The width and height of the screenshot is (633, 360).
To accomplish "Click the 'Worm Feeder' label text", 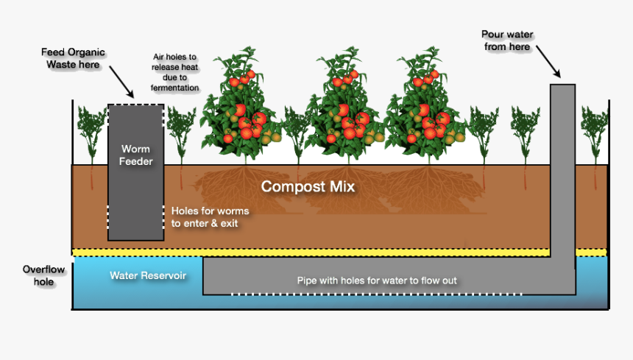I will click(136, 155).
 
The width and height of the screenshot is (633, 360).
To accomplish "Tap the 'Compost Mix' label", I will click(308, 187).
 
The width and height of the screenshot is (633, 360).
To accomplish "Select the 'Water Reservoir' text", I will click(148, 276).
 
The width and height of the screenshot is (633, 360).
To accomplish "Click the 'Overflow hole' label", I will click(43, 276).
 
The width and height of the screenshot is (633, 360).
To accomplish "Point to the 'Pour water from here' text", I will click(507, 40).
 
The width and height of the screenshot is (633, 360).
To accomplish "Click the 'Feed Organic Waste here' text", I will click(72, 58).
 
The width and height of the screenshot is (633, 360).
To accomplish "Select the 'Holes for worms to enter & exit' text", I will click(210, 217).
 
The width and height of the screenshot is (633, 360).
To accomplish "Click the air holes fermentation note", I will click(174, 72).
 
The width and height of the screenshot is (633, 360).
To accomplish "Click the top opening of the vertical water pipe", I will click(563, 85).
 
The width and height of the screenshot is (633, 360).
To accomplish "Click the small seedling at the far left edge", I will click(91, 133).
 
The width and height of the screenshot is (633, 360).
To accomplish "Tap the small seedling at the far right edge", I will click(594, 133).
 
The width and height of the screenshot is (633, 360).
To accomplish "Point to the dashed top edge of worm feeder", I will click(136, 105).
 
